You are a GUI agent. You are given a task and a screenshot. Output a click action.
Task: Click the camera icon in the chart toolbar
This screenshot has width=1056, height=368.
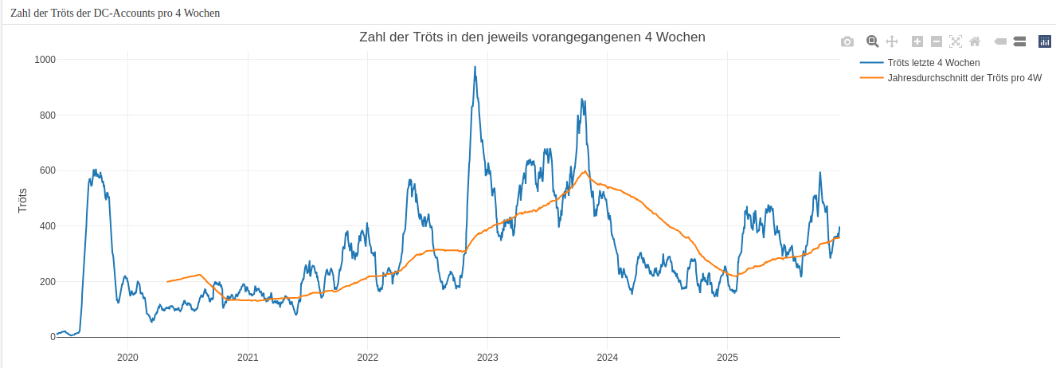click(847, 41)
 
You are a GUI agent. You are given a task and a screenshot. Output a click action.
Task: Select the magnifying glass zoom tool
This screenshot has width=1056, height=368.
click(872, 41)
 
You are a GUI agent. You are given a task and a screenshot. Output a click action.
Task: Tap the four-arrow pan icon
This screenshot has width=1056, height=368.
click(892, 41)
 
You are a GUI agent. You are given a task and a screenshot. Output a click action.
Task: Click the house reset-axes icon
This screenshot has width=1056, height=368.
click(975, 41)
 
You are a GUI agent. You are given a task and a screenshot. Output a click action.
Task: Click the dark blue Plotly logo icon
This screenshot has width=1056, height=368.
click(1045, 41)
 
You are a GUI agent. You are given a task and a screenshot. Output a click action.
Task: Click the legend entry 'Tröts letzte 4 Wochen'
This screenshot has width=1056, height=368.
click(933, 62)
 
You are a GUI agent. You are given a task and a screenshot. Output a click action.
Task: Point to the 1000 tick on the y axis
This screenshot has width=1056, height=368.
click(45, 60)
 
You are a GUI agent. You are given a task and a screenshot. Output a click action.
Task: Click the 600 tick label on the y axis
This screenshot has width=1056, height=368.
click(47, 170)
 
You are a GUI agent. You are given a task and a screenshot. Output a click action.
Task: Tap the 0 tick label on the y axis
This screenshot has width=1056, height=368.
click(53, 337)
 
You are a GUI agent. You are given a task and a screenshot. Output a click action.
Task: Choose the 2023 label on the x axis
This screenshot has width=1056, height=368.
click(487, 357)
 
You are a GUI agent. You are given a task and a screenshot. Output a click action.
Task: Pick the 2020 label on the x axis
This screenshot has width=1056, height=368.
click(127, 357)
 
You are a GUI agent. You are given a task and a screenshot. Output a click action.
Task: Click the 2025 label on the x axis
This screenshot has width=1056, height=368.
click(727, 357)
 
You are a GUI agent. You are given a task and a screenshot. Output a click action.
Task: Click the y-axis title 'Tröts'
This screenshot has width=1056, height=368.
click(23, 199)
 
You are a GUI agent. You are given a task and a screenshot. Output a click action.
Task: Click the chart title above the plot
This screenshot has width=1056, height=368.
click(532, 37)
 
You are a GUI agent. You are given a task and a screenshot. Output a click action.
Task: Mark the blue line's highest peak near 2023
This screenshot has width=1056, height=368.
click(475, 68)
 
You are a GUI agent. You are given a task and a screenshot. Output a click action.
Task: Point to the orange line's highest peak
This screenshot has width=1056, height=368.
click(585, 171)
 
